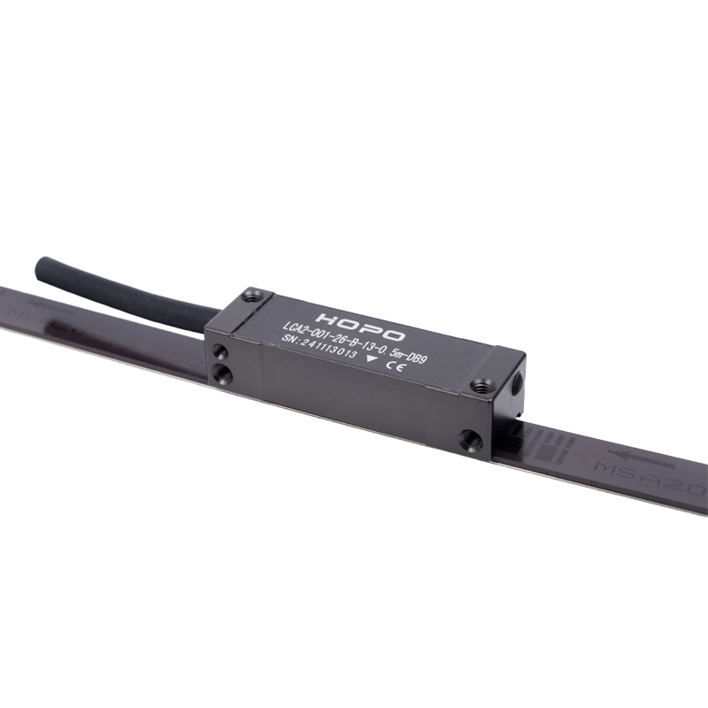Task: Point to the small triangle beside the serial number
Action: (370, 359)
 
